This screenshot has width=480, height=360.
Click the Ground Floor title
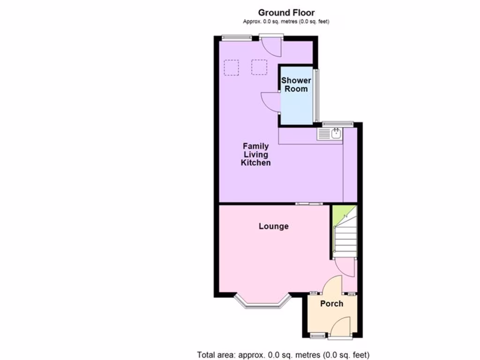click(286, 13)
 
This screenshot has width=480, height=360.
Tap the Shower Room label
click(296, 85)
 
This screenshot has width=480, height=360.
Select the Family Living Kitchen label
click(255, 154)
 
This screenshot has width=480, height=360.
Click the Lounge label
click(274, 226)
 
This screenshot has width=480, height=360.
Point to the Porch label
click(331, 304)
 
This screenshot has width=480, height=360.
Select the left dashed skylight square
click(231, 67)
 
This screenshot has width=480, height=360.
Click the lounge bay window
click(262, 303)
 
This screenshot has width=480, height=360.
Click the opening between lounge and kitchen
click(309, 203)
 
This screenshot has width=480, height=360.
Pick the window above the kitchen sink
click(337, 124)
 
